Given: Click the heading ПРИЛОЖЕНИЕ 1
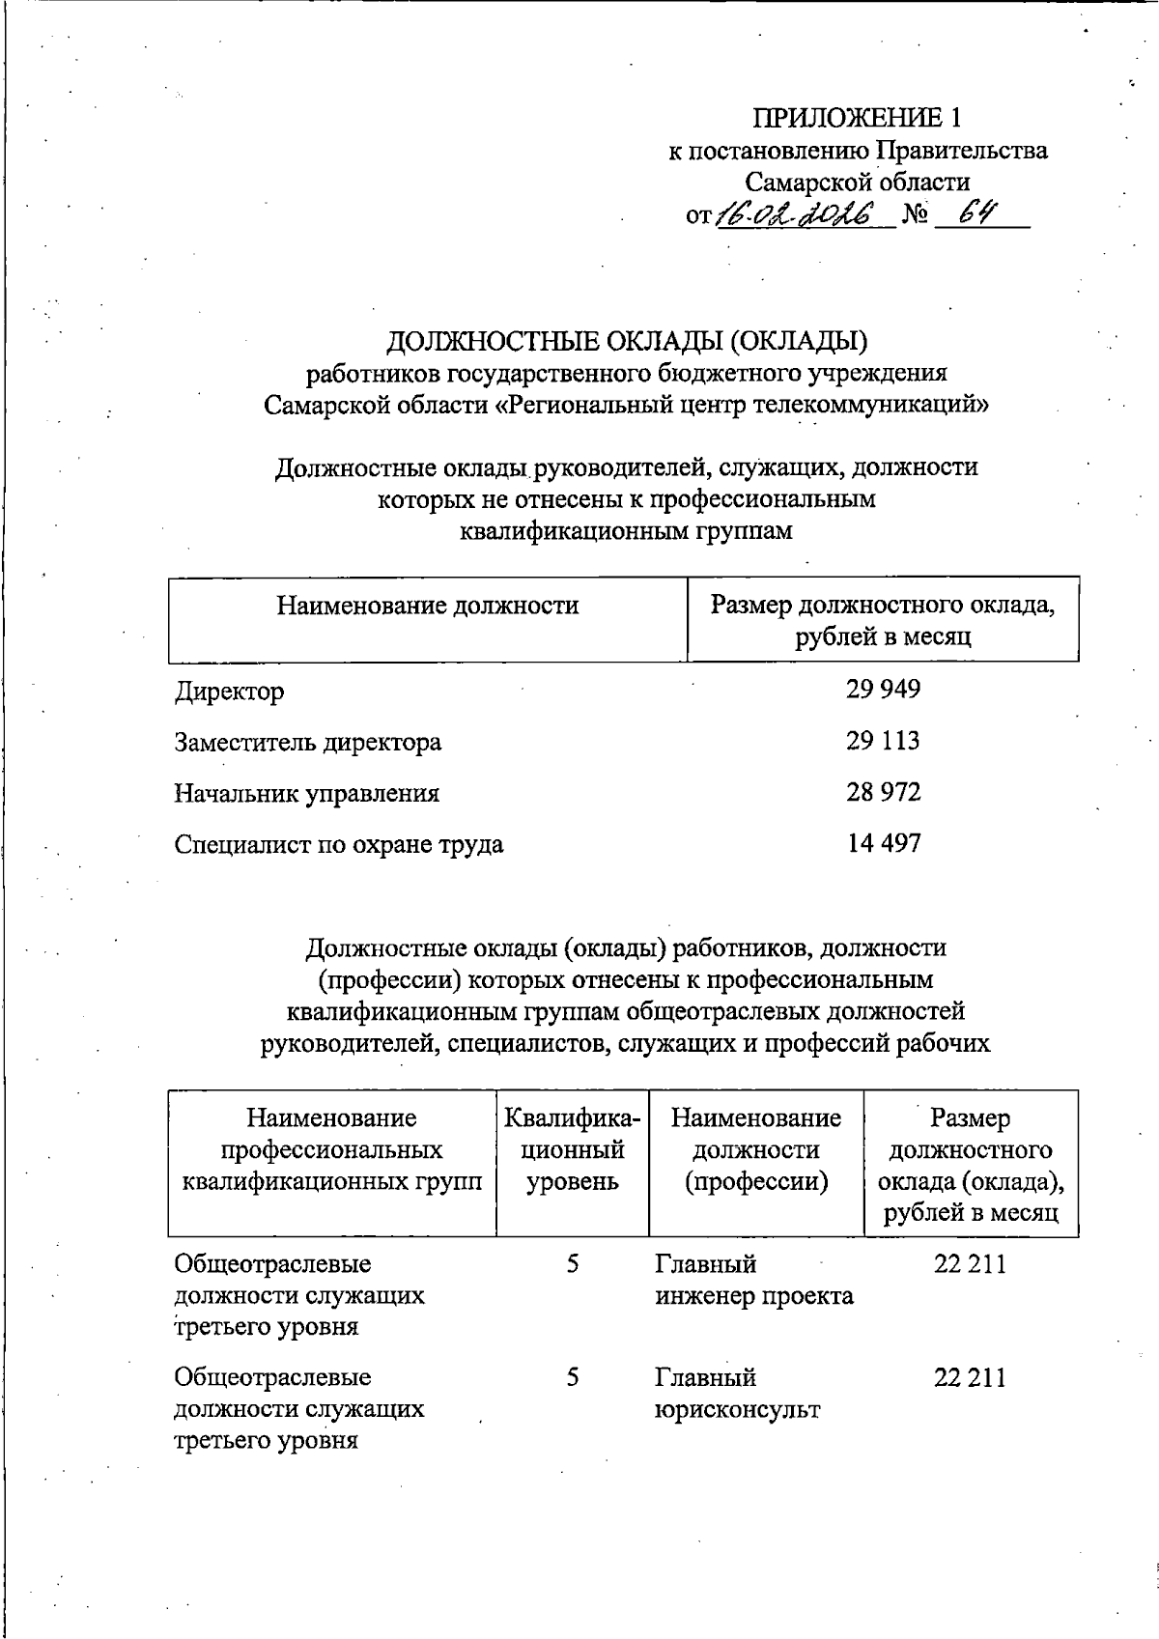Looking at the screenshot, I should pyautogui.click(x=857, y=118).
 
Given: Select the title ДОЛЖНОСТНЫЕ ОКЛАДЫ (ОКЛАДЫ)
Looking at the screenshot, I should pyautogui.click(x=627, y=341).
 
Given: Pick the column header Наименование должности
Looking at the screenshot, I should pyautogui.click(x=427, y=606).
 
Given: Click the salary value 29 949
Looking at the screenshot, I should pyautogui.click(x=883, y=690).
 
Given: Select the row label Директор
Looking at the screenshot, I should pyautogui.click(x=229, y=692).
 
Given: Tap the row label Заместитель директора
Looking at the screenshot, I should pyautogui.click(x=307, y=743).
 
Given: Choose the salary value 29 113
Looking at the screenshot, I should pyautogui.click(x=883, y=741).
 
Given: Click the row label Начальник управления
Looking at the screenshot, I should pyautogui.click(x=306, y=794).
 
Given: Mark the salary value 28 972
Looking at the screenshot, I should pyautogui.click(x=883, y=792).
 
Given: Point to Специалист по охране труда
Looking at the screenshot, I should pyautogui.click(x=338, y=845).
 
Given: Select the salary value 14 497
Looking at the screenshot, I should pyautogui.click(x=883, y=843).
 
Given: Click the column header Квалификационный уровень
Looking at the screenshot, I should pyautogui.click(x=572, y=1149).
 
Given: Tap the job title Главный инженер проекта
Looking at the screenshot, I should pyautogui.click(x=753, y=1280).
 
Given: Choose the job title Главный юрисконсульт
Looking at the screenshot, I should pyautogui.click(x=737, y=1393).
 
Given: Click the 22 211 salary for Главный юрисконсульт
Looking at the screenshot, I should pyautogui.click(x=969, y=1377).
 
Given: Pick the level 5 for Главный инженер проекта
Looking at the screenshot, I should pyautogui.click(x=573, y=1264).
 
